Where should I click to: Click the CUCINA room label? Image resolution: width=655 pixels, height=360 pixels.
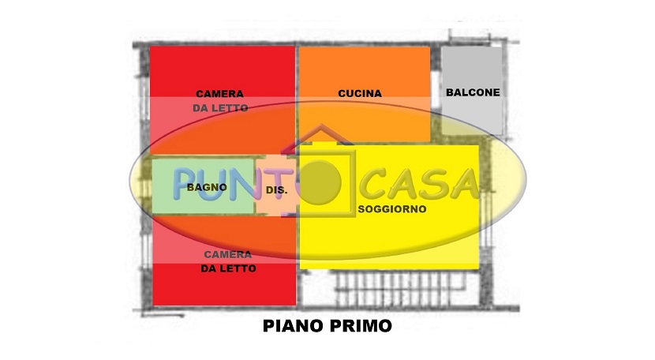point(360,93)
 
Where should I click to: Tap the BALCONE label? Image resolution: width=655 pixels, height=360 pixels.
point(473,92)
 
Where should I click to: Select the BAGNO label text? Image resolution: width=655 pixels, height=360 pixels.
point(207,187)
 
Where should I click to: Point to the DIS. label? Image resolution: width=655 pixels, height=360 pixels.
point(276,190)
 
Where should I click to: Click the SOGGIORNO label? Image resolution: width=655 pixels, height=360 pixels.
point(392,209)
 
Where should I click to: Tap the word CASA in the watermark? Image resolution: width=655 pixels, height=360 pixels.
point(420,184)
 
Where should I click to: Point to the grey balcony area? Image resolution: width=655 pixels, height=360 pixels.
point(472,90)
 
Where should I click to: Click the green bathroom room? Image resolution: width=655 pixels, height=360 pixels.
point(203,186)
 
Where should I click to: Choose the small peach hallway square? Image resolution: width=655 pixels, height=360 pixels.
point(277,186)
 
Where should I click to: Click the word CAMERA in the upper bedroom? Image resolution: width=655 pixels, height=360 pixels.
point(219,94)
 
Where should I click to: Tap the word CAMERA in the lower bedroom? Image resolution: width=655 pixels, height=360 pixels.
point(227,254)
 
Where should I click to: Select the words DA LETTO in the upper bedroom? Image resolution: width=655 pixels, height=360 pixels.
point(220,108)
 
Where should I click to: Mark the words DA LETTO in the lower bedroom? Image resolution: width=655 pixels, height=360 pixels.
point(228,268)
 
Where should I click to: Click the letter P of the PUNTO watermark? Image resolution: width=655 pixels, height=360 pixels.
point(185,183)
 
